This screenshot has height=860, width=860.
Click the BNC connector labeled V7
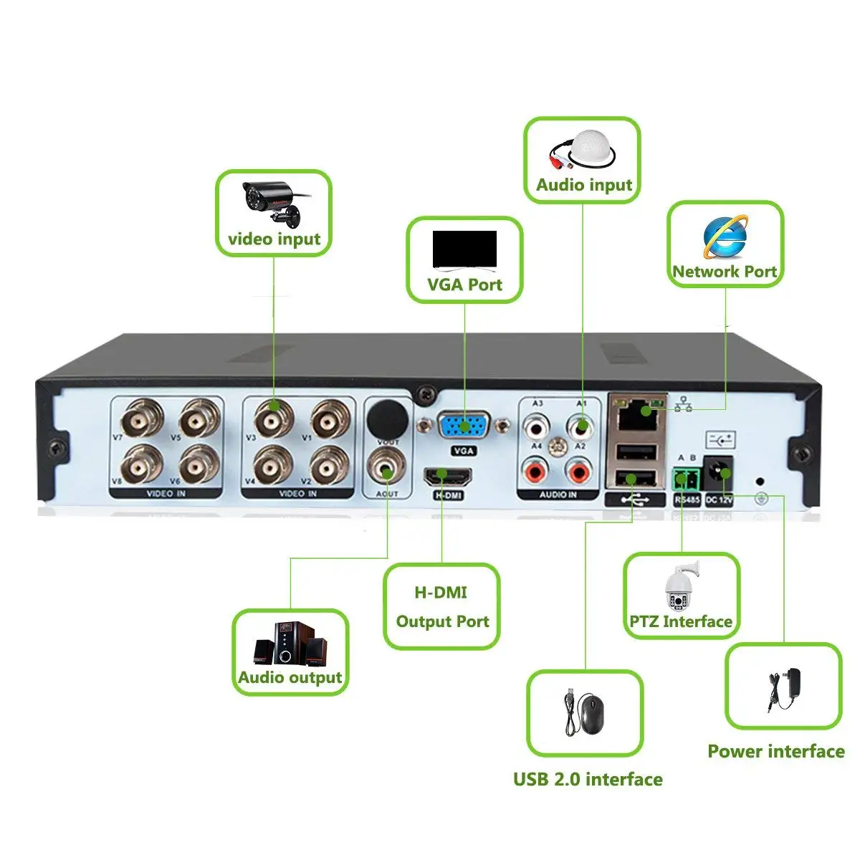[142, 420]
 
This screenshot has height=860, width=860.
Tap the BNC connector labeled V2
[331, 464]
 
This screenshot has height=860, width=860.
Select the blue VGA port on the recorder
[464, 427]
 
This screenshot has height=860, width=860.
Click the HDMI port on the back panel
[448, 476]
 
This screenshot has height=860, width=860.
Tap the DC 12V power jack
[719, 474]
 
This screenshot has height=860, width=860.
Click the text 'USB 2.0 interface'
[588, 780]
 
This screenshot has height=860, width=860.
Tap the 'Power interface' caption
[775, 752]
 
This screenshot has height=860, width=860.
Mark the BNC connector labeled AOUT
[387, 472]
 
